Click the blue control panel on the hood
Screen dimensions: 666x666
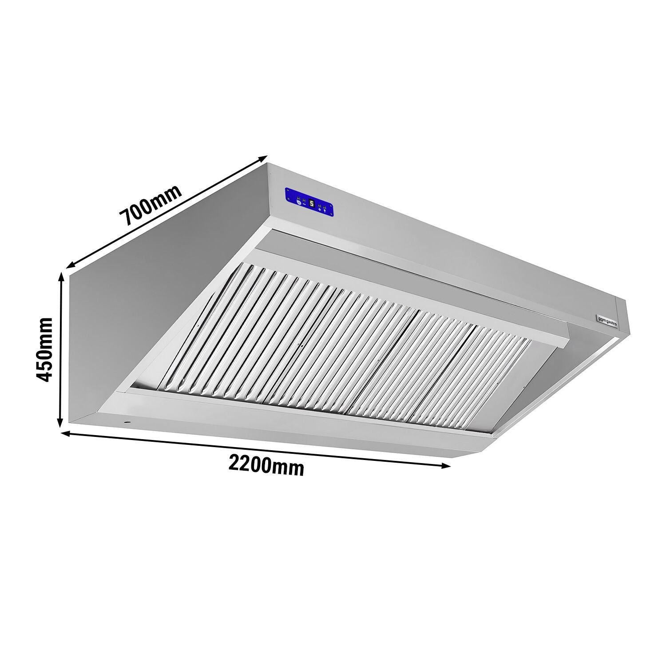pyautogui.click(x=309, y=203)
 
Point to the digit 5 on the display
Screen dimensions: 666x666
pyautogui.click(x=312, y=203)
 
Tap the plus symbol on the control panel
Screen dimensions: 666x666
pyautogui.click(x=320, y=208)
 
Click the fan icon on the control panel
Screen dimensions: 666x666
pyautogui.click(x=297, y=204)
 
